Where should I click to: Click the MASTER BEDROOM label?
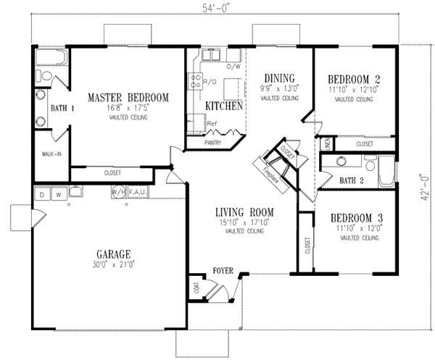(x=128, y=97)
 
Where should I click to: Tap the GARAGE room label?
(x=112, y=254)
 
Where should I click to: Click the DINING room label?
(x=278, y=78)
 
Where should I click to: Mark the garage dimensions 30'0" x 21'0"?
(x=112, y=265)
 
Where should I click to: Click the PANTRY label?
(x=212, y=143)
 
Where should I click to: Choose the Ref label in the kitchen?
(x=212, y=124)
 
